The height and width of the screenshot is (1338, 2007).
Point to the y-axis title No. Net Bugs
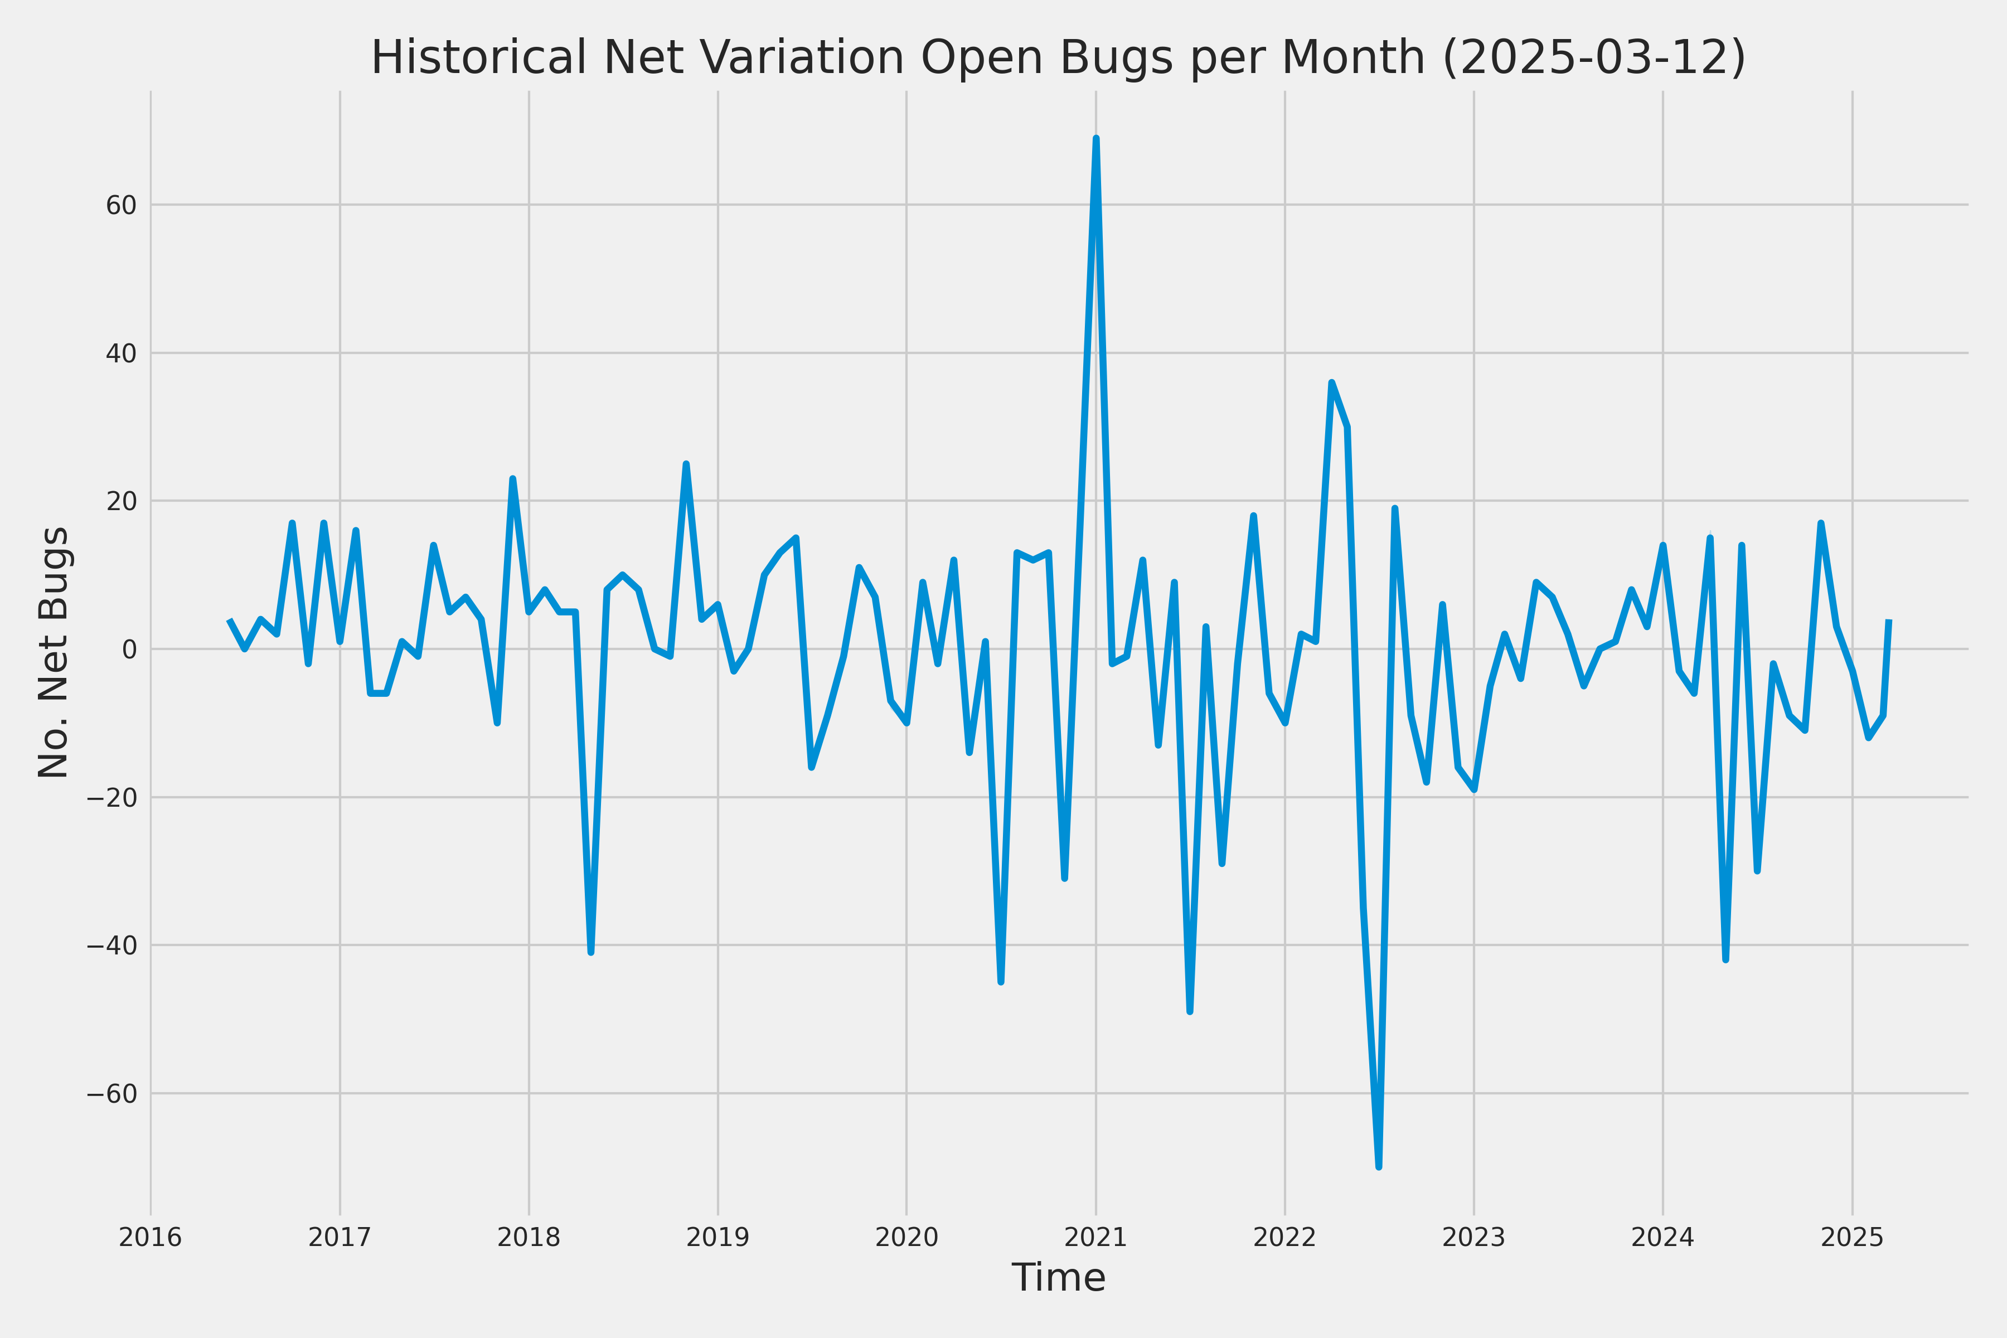pos(55,652)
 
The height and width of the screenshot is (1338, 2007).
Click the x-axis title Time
pos(1058,1277)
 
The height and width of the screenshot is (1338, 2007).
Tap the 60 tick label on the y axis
pos(121,206)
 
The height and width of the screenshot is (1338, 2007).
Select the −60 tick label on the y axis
pos(112,1094)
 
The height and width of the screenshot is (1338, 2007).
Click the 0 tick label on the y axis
pos(130,649)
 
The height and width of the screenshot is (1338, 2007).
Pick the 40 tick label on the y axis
pos(121,353)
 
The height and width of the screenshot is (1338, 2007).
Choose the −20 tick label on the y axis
pos(112,798)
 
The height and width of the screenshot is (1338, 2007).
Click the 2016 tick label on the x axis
pos(151,1237)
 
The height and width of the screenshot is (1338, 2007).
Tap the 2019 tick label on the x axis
pos(718,1237)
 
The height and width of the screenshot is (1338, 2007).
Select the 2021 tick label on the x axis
pos(1095,1237)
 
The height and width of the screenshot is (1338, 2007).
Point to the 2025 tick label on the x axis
pos(1851,1237)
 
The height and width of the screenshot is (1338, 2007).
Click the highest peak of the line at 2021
pos(1095,138)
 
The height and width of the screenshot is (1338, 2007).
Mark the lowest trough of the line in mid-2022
pos(1379,1166)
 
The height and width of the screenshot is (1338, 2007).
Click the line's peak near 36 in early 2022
pos(1331,382)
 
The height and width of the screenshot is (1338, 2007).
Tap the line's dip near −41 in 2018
pos(590,952)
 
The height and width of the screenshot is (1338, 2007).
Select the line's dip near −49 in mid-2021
pos(1190,1012)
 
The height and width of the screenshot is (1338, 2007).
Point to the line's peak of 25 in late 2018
pos(686,464)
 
